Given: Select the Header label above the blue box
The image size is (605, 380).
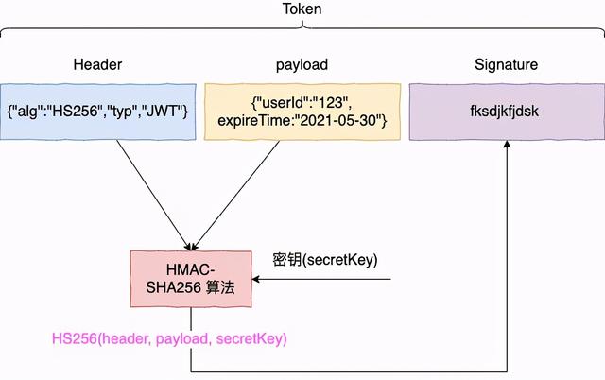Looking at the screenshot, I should (x=98, y=65).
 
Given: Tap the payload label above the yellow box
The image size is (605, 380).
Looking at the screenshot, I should (x=303, y=65).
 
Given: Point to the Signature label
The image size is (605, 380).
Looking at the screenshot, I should (x=506, y=65).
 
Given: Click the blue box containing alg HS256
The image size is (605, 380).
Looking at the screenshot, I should (x=98, y=112).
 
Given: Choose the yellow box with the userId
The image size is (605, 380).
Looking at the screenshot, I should (x=303, y=112).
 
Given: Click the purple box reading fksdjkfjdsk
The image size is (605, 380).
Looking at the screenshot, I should (x=506, y=112).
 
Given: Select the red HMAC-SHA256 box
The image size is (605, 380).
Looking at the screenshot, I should (x=192, y=279).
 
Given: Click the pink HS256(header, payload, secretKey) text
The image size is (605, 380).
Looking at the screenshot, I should (x=170, y=337).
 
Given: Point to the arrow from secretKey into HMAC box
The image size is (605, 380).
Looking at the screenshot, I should (x=321, y=279).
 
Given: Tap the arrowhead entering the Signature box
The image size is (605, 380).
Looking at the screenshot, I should (x=509, y=147).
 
